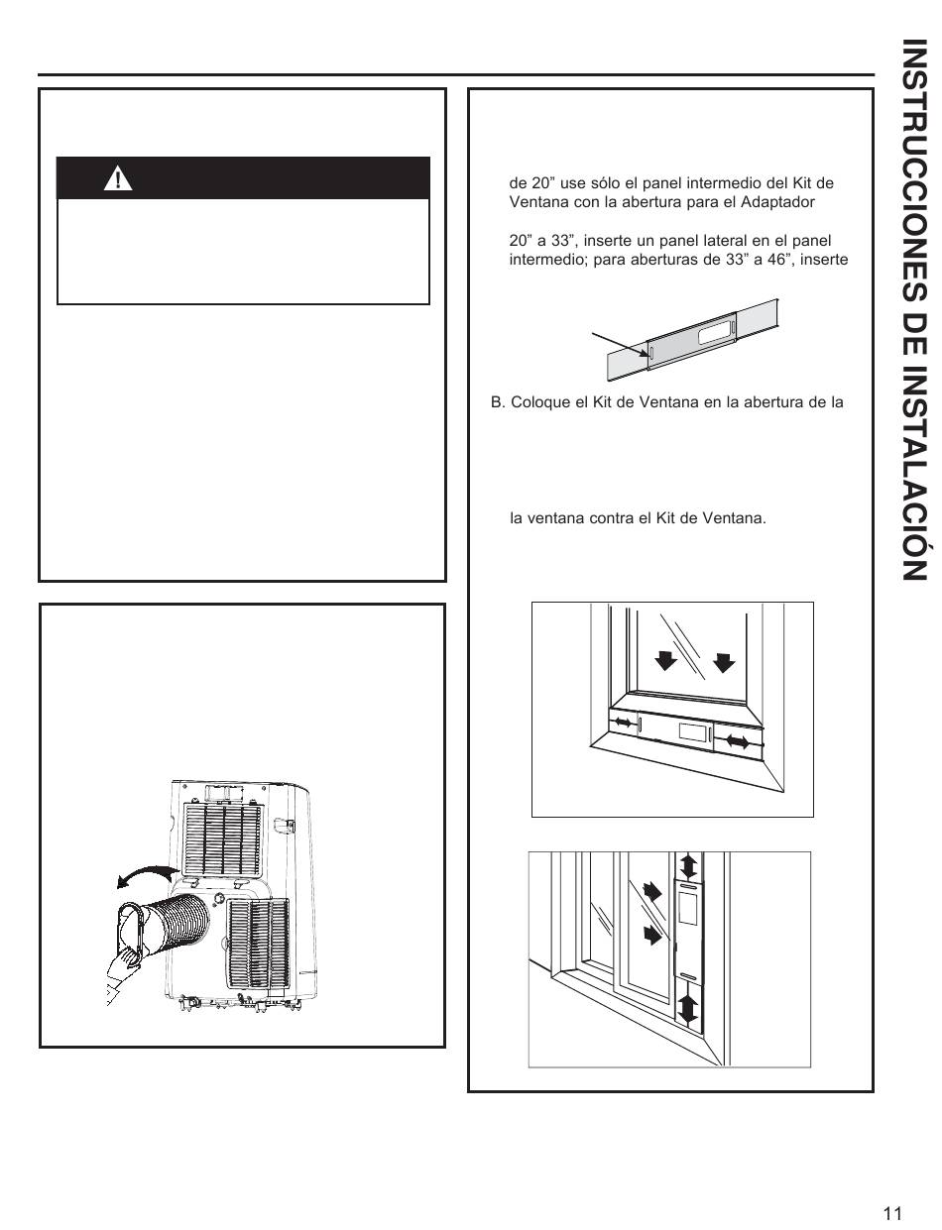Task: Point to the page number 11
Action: coord(891,1213)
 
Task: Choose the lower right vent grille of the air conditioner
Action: coord(259,942)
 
